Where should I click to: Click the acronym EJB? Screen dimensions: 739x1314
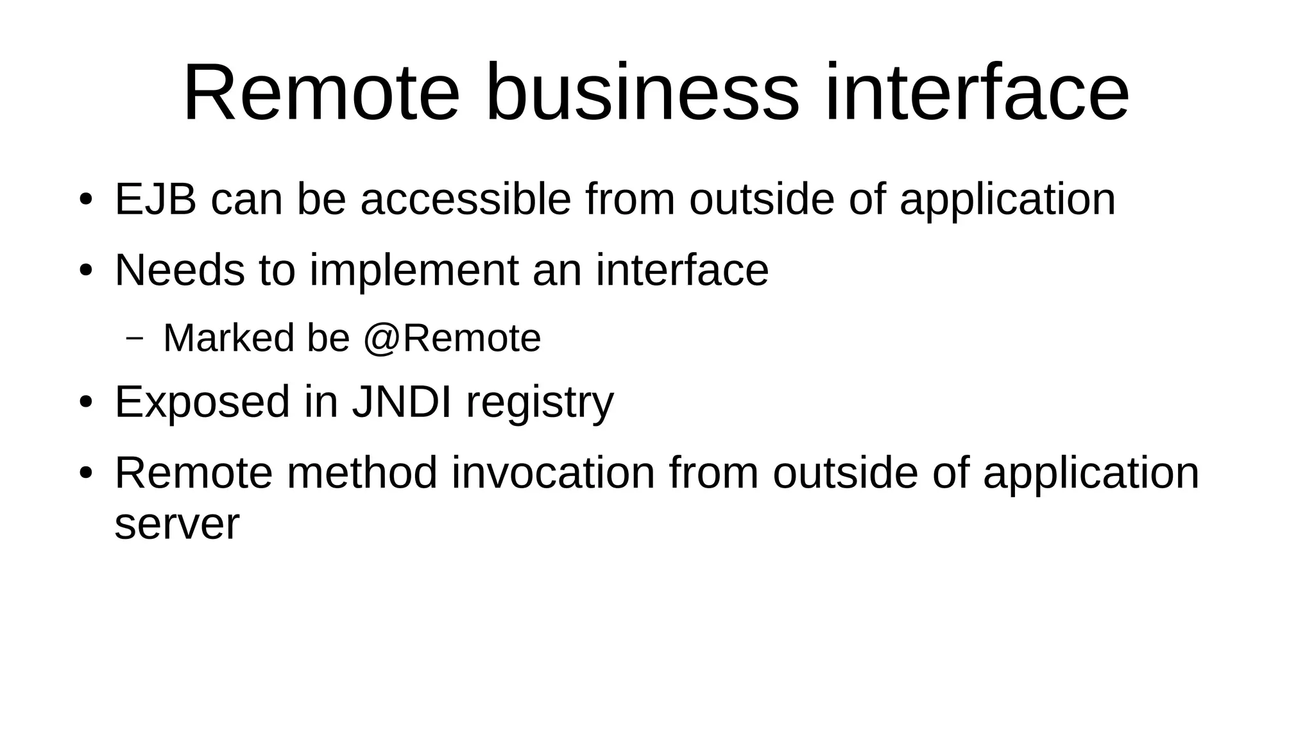[x=155, y=200]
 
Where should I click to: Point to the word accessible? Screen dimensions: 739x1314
[x=465, y=200]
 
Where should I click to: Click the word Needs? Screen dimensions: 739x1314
[x=180, y=270]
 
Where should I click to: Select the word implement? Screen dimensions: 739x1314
[x=414, y=270]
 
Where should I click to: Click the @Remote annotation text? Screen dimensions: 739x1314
[x=452, y=338]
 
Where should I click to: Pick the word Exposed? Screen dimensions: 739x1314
[x=202, y=402]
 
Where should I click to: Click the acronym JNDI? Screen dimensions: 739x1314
[x=402, y=402]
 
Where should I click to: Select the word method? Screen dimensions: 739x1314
[x=362, y=473]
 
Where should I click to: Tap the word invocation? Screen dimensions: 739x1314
[x=553, y=473]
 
